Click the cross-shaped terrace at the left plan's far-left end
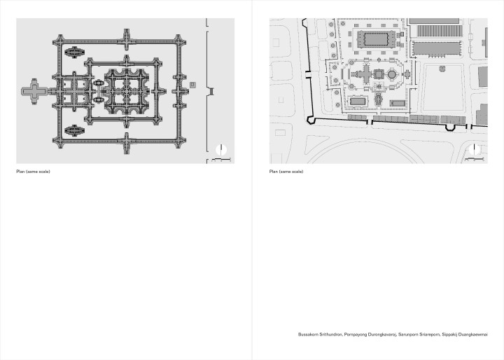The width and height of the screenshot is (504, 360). coord(34,91)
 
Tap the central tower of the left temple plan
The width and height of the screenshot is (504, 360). coord(126,91)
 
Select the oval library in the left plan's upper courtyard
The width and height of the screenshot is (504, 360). coord(75,52)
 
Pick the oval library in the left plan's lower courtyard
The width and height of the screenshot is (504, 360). coord(75,130)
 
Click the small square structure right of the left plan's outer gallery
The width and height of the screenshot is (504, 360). coord(192,85)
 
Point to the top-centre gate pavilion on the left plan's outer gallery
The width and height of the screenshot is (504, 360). coord(126,40)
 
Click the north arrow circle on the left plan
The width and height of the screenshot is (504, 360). coord(221,150)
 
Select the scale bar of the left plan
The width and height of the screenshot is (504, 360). coord(221,159)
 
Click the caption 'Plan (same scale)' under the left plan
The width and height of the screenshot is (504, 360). coord(33,172)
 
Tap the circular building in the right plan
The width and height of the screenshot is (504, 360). coord(391,74)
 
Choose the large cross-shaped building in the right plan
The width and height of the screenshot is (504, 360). coord(366,74)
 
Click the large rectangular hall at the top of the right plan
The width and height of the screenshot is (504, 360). coord(376,39)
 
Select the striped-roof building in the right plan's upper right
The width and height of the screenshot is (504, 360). coord(440,32)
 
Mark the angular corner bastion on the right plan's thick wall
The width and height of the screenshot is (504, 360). coord(310,120)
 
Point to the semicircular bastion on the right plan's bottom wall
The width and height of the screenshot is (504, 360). coord(449,127)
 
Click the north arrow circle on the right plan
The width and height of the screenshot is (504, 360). coord(475,150)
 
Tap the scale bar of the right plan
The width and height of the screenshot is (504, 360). coord(475,159)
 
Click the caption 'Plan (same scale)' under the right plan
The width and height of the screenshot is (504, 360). coord(286,172)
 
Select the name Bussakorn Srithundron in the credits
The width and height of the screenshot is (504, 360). coord(320,335)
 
